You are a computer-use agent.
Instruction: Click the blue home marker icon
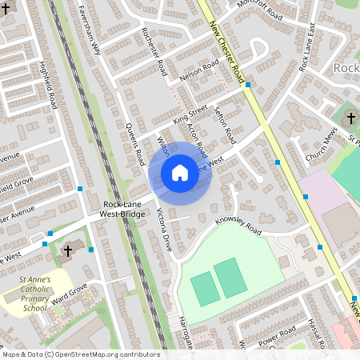(179, 172)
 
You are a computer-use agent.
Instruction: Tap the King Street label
(190, 113)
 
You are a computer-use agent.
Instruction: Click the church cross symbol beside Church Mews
(350, 118)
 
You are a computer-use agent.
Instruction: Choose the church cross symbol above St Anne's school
(68, 250)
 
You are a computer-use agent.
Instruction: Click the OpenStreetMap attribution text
(80, 354)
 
